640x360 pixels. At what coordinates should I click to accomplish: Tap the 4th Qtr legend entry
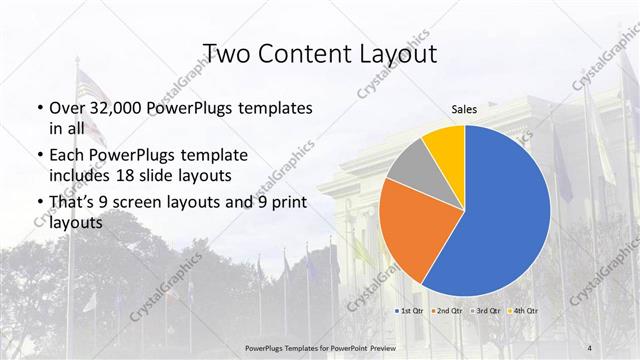524,312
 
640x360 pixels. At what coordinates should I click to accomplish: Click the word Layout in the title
395,53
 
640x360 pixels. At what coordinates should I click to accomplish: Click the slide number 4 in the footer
590,346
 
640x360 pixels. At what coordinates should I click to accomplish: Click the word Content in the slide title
305,53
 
